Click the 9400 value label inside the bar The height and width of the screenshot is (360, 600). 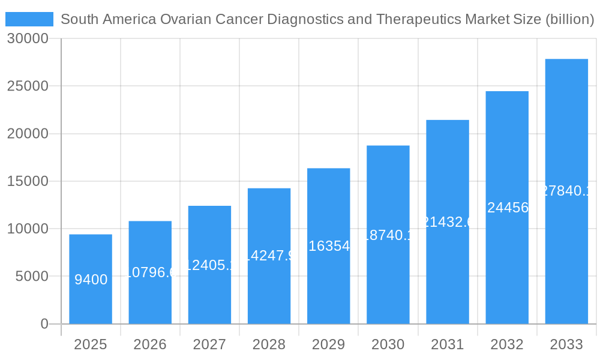click(x=91, y=280)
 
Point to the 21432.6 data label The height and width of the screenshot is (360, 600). click(x=448, y=222)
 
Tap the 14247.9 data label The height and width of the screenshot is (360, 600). click(x=269, y=256)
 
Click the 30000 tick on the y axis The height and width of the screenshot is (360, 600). click(x=28, y=39)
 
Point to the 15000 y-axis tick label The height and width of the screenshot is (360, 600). click(x=28, y=181)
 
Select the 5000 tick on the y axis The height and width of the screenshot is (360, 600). click(x=31, y=277)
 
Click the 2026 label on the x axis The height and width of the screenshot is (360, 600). click(x=150, y=344)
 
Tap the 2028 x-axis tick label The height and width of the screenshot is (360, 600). click(x=269, y=344)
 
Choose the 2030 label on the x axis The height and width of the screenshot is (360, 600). click(x=388, y=344)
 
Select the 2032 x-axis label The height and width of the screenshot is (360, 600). click(x=507, y=344)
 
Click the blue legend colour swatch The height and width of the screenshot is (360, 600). click(x=29, y=19)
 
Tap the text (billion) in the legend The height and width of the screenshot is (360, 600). click(x=569, y=19)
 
